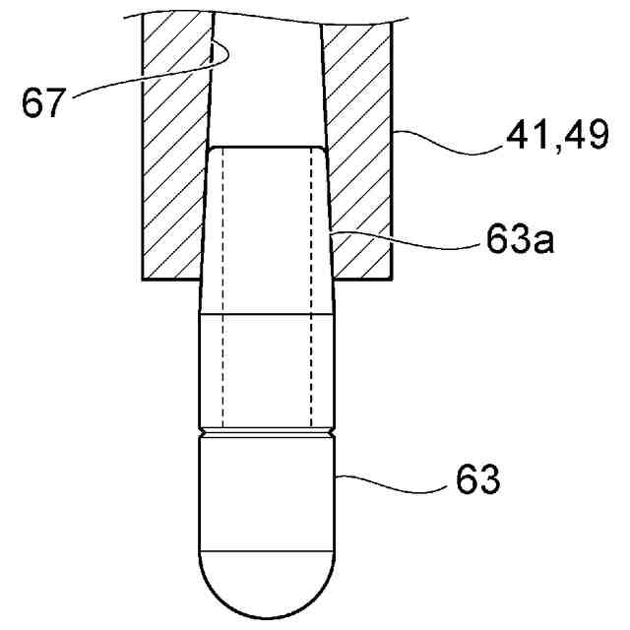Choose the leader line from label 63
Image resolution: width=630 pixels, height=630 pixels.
pos(394,479)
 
